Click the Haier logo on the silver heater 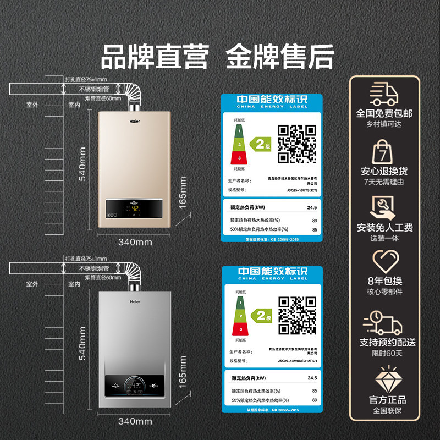point(135,301)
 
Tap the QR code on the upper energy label point(296,142)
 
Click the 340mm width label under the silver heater point(135,421)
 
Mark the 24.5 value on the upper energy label point(312,207)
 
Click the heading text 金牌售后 point(280,58)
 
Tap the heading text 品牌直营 point(155,58)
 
